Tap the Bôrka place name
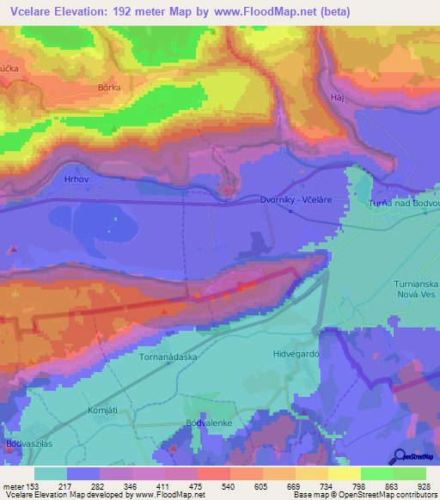pos(109,88)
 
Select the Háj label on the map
pos(337,98)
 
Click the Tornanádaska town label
pos(168,355)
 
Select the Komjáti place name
pos(101,411)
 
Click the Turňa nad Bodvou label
pos(403,202)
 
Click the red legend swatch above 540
pos(213,473)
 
